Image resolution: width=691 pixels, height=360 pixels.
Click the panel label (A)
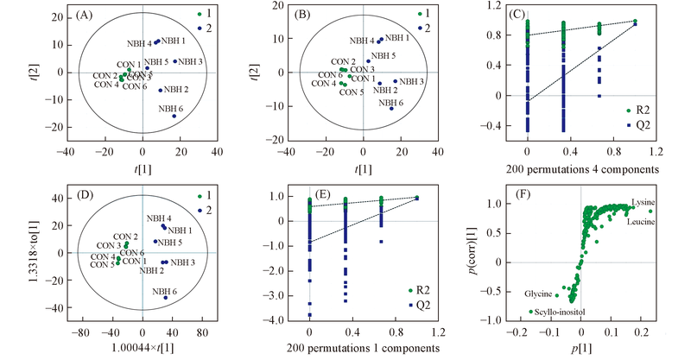point(88,15)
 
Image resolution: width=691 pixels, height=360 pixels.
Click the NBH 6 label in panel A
point(171,109)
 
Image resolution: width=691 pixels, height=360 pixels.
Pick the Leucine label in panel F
point(639,222)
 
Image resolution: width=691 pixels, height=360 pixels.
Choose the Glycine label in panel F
point(541,294)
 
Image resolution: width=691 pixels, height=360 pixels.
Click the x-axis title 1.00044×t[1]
point(138,348)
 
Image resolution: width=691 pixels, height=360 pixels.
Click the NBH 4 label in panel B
point(363,41)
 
